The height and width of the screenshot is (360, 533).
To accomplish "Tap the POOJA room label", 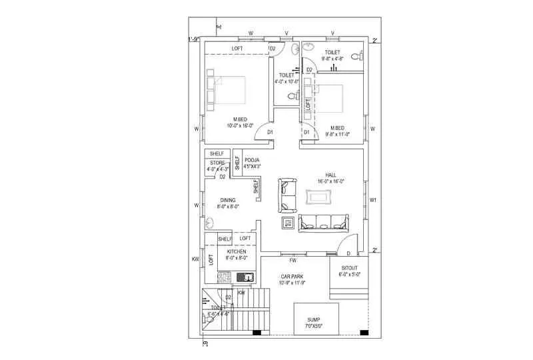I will point(252,160).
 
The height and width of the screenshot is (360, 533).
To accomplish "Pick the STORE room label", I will point(217,163).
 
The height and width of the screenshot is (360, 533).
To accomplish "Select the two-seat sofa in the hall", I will point(287,195).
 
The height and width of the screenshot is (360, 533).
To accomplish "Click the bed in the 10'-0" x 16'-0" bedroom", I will point(227,92).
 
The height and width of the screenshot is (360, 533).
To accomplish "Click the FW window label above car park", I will point(292,259).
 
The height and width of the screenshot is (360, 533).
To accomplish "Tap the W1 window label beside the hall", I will point(373,200).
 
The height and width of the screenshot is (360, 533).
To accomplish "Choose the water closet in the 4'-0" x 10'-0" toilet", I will point(290,97).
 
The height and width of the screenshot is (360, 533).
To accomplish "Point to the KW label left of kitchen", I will point(196,259).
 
